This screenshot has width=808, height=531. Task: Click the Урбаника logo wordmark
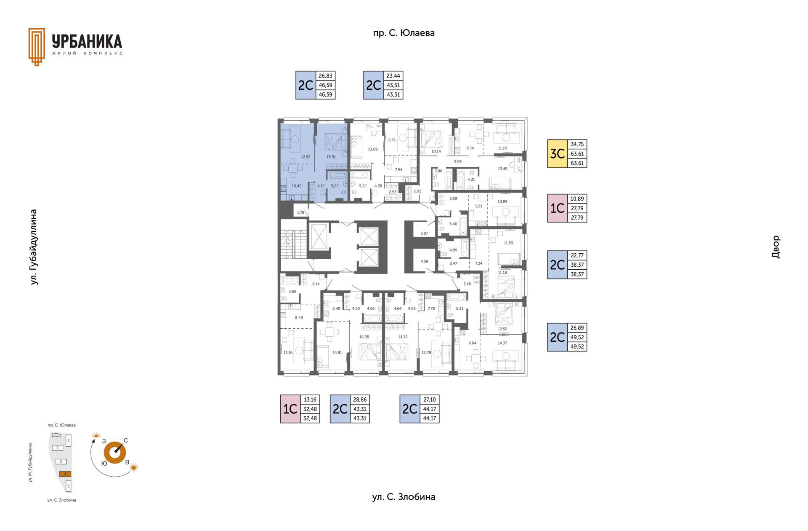pos(87,41)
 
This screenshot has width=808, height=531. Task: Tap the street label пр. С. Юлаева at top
pos(404,33)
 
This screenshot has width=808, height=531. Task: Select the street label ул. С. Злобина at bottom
pos(404,497)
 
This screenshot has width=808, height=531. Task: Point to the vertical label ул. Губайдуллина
pos(34,247)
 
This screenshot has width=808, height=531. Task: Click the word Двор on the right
pos(776,247)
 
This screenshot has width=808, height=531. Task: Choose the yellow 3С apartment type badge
pos(558,154)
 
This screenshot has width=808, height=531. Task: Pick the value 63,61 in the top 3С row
pos(577,154)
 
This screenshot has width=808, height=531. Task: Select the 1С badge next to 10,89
pos(558,208)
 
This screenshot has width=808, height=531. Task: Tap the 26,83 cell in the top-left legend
pos(325,76)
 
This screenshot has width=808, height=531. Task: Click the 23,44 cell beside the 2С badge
pos(393,76)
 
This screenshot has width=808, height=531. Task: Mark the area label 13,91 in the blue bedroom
pos(331,157)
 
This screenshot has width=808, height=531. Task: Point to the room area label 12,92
pos(306,157)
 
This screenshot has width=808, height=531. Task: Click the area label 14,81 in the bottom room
pos(337,352)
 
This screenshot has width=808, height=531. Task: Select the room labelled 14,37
pos(502,343)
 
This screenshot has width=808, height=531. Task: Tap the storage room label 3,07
pos(424,233)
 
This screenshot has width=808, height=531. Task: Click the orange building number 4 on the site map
pos(65,474)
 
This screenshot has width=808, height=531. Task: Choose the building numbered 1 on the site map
pos(68,441)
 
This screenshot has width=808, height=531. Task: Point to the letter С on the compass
pos(126,440)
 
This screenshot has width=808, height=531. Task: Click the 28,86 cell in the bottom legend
pos(360,400)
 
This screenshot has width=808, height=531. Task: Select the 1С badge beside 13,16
pos(290,409)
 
